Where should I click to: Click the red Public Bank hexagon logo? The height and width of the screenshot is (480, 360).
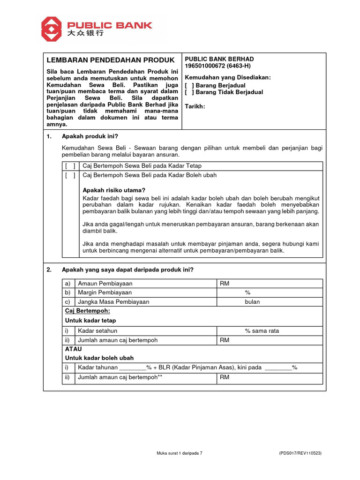[52, 29]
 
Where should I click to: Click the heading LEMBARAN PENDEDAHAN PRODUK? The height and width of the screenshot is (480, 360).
[110, 60]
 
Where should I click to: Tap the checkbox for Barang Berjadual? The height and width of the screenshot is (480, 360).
[189, 86]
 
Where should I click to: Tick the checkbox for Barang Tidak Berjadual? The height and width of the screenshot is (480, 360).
[189, 92]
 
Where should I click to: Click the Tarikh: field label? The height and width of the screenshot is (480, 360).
[195, 106]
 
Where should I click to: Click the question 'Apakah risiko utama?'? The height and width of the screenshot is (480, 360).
[114, 190]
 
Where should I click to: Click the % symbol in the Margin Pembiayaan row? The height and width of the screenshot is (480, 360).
[247, 292]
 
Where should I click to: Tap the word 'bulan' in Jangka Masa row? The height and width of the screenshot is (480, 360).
[252, 302]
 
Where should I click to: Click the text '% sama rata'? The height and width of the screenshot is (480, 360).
[262, 331]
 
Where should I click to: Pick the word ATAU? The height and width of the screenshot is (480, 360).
[73, 349]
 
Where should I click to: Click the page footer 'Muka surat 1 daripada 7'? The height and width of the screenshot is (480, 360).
[180, 453]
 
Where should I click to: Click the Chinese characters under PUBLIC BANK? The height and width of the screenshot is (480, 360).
[85, 34]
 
